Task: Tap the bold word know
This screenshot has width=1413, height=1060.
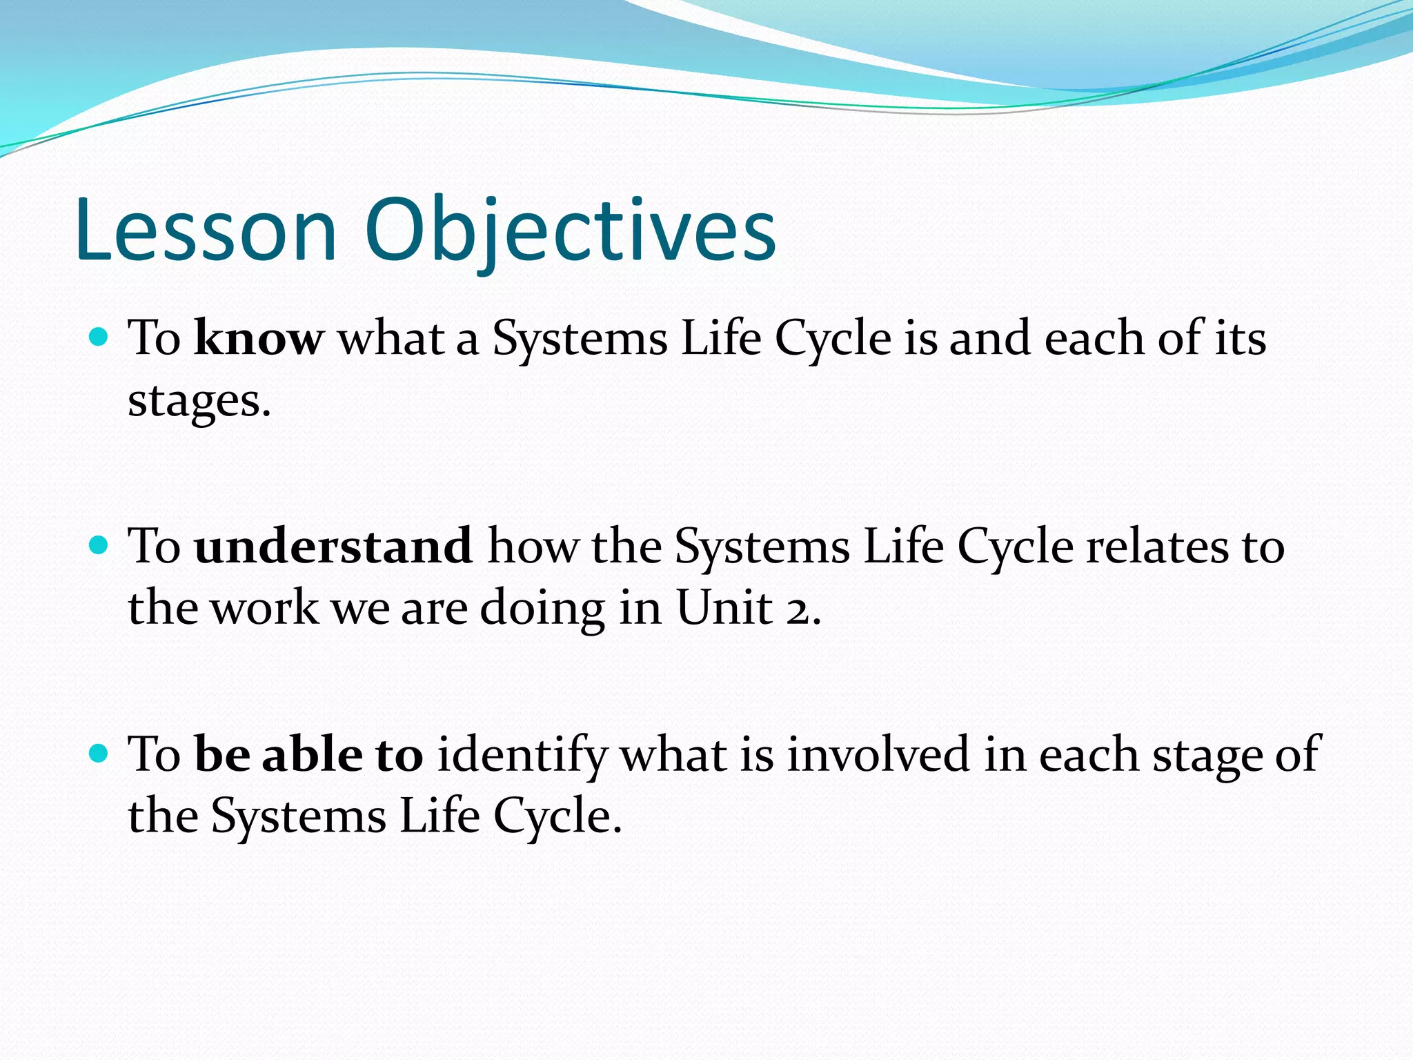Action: click(259, 338)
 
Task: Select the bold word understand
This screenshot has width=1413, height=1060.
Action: click(333, 546)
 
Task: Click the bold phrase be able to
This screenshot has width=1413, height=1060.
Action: click(309, 754)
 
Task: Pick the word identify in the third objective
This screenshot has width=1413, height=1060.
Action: click(522, 754)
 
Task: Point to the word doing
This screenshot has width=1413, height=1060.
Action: click(542, 609)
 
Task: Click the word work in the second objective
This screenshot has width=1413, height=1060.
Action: click(264, 609)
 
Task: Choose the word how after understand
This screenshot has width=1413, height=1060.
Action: click(533, 546)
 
